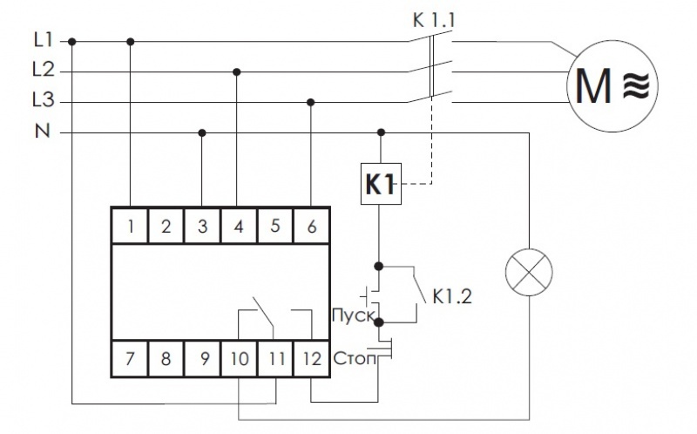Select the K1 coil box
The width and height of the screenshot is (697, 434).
click(x=380, y=184)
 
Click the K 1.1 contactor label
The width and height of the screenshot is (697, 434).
click(x=434, y=17)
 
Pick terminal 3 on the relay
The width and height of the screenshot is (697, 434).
click(x=202, y=227)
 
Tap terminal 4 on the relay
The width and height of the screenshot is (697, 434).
click(x=238, y=227)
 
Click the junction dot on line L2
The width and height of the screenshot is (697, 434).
click(x=237, y=71)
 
